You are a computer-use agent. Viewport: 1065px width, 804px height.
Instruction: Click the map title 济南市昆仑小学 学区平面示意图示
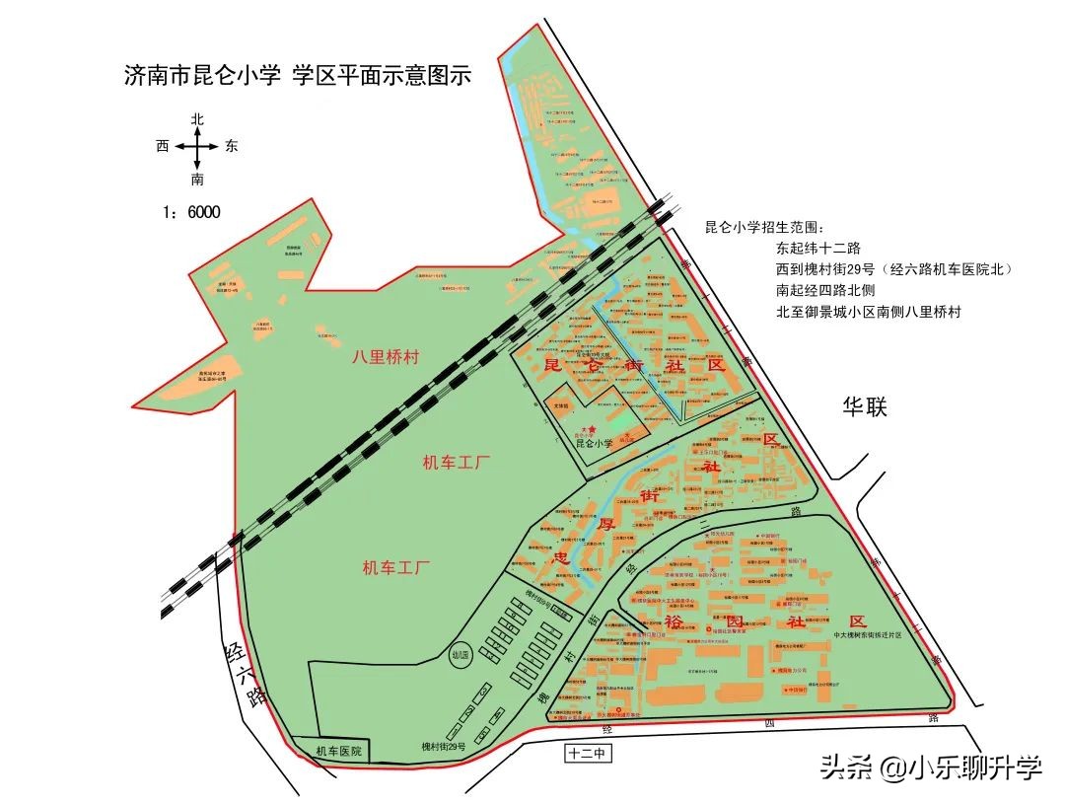297,76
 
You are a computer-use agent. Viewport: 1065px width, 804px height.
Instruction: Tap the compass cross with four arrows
198,148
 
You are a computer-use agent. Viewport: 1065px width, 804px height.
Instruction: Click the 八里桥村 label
386,357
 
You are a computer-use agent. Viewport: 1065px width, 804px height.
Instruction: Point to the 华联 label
865,406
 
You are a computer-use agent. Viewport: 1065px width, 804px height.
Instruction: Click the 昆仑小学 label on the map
594,444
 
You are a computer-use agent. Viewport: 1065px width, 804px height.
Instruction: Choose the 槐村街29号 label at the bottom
444,747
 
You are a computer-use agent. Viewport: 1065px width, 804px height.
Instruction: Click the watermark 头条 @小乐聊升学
930,767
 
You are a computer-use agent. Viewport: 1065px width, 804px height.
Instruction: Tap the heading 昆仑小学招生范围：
770,227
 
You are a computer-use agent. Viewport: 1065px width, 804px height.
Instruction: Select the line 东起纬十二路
818,249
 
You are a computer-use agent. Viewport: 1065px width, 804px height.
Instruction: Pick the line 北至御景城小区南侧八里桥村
868,312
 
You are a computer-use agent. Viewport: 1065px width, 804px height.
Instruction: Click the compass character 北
198,119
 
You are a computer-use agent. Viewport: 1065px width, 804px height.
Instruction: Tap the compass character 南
198,180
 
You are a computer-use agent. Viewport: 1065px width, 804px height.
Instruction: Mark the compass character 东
232,146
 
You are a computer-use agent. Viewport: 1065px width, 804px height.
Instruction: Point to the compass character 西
164,146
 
